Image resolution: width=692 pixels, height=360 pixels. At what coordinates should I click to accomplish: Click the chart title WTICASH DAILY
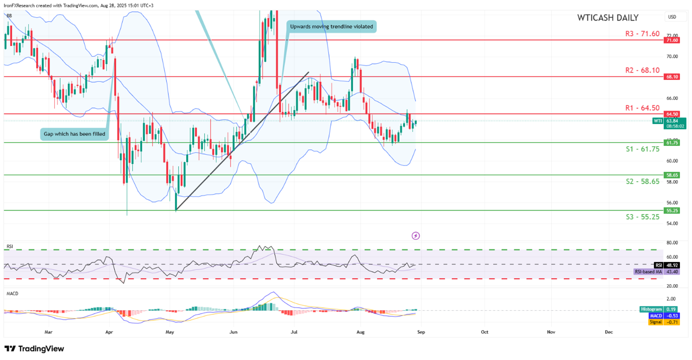[607, 18]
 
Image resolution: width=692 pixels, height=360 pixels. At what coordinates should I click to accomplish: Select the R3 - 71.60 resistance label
[642, 34]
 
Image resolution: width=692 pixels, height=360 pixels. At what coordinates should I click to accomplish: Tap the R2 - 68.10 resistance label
[642, 70]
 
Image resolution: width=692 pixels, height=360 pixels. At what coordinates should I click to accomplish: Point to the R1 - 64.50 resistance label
[642, 108]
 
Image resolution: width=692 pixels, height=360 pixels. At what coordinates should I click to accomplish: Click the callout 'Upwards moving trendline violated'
[331, 26]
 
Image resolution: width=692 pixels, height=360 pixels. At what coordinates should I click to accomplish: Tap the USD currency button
[672, 17]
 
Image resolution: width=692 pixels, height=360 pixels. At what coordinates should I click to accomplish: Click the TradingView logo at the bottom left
[34, 348]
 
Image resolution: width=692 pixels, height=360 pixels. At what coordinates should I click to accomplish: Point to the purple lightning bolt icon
[416, 236]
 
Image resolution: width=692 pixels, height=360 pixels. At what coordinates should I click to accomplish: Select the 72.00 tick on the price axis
[672, 36]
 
